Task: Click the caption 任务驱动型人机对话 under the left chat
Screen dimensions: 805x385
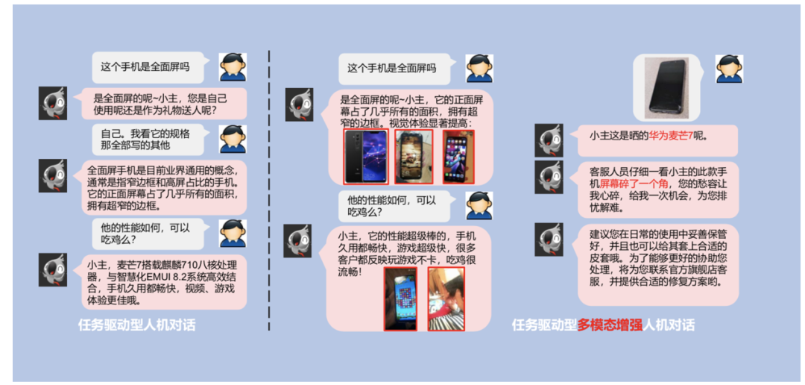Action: [x=137, y=325]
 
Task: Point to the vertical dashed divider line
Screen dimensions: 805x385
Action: [x=269, y=187]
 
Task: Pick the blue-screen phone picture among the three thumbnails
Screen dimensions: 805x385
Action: [x=365, y=156]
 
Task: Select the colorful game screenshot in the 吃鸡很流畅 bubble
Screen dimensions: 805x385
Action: [x=400, y=298]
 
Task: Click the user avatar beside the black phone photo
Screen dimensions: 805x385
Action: [x=730, y=68]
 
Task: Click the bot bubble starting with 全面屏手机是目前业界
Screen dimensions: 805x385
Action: [x=163, y=187]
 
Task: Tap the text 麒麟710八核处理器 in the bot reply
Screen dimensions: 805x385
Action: [x=186, y=266]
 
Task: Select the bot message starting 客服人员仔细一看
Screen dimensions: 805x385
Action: [x=657, y=189]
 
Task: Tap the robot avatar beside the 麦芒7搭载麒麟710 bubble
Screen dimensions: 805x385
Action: [x=53, y=269]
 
